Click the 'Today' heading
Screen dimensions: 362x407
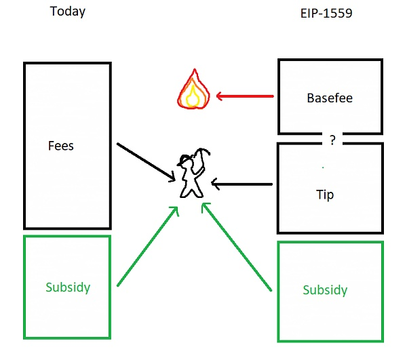pos(68,12)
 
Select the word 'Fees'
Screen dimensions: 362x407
pos(60,145)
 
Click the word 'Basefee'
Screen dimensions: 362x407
pos(330,98)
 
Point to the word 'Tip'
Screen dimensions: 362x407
pos(325,194)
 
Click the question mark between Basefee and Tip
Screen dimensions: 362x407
pos(332,141)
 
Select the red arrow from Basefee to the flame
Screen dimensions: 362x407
pos(244,96)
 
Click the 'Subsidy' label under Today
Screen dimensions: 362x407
pos(68,287)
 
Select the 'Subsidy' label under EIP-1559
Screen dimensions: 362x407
pos(325,290)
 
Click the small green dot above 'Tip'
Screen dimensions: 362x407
pos(323,167)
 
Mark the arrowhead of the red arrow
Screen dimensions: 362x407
pos(218,96)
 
